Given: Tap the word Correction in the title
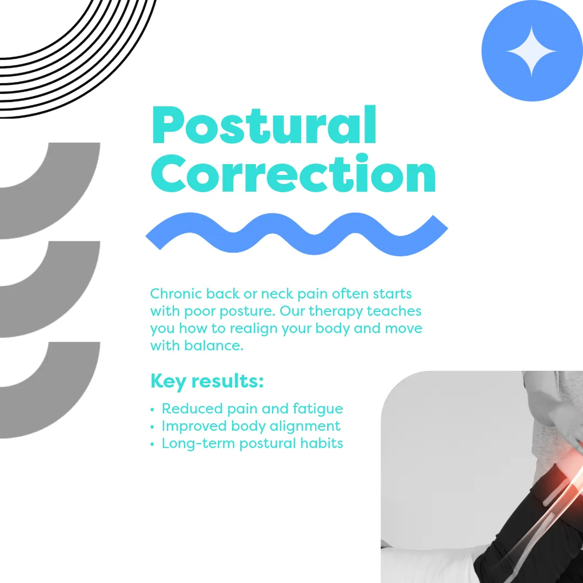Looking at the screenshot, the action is click(x=293, y=173).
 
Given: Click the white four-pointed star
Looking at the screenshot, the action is click(x=532, y=51).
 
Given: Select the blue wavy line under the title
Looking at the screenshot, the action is click(x=296, y=234).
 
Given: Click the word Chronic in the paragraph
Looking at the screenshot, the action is click(x=176, y=294).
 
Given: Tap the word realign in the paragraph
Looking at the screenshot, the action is click(x=254, y=329).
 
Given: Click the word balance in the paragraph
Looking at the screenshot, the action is click(x=214, y=346).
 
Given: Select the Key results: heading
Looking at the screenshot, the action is click(x=207, y=382).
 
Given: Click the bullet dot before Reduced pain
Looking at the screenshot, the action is click(x=152, y=410).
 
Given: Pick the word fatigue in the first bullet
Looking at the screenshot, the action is click(x=317, y=409).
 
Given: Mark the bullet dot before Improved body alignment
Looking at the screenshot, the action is click(x=152, y=427).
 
